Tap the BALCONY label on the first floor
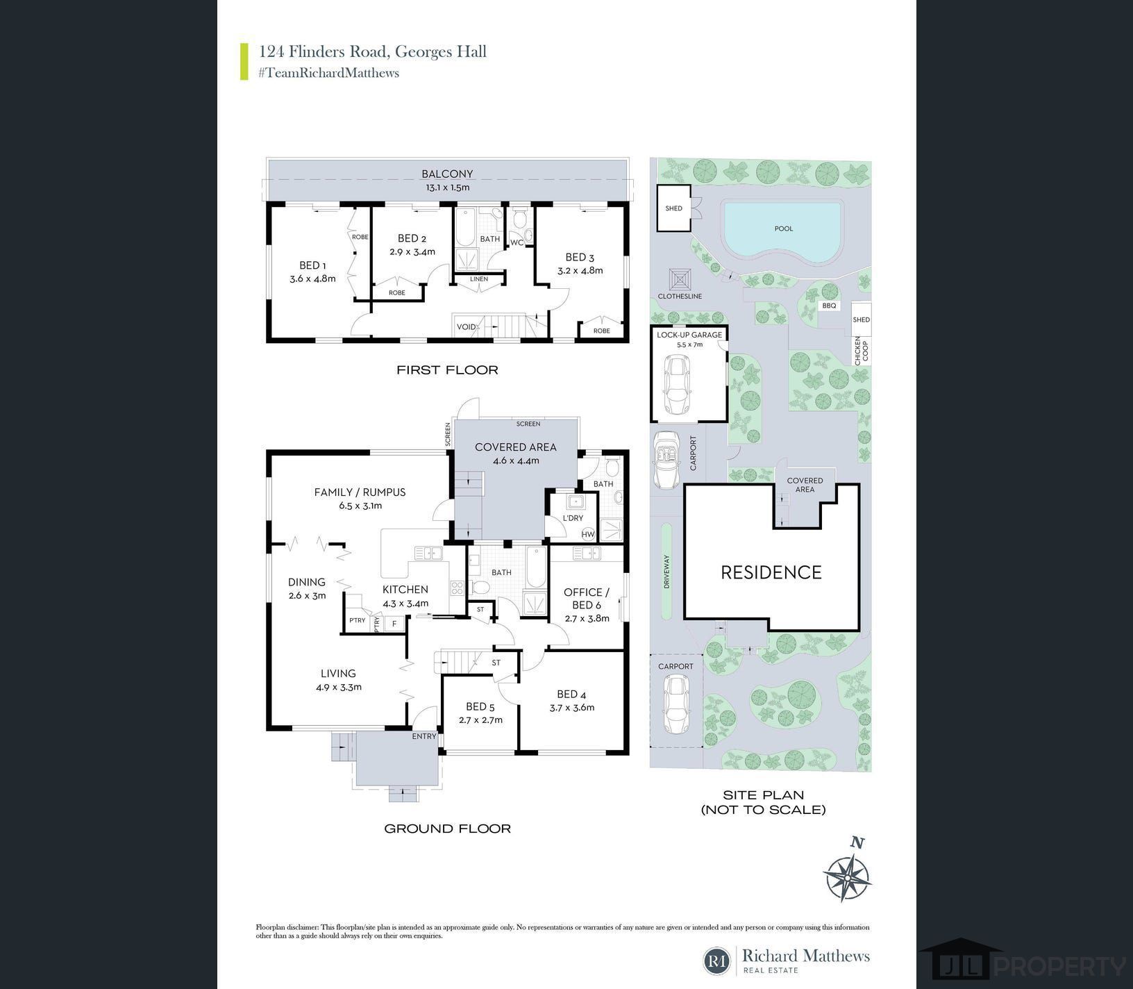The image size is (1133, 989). tap(447, 174)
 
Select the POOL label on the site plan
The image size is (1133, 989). tap(783, 228)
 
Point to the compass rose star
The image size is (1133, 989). tap(847, 878)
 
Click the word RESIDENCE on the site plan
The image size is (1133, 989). tap(771, 572)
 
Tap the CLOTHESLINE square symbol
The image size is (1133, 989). tap(680, 280)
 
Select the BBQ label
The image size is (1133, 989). tap(829, 306)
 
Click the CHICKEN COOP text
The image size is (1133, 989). tap(861, 351)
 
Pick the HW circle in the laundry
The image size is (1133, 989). tap(589, 534)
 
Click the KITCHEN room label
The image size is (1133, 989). tap(405, 590)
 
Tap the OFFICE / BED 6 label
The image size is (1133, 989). tap(587, 599)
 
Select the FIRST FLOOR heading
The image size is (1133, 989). tap(447, 370)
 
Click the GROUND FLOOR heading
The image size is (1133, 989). tap(448, 829)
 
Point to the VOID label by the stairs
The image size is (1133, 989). tap(466, 327)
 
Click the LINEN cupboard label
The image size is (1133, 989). tap(479, 279)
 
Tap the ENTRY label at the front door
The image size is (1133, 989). tap(424, 736)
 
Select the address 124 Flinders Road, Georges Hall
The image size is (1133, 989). tap(373, 51)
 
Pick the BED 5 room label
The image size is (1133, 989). tap(480, 708)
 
